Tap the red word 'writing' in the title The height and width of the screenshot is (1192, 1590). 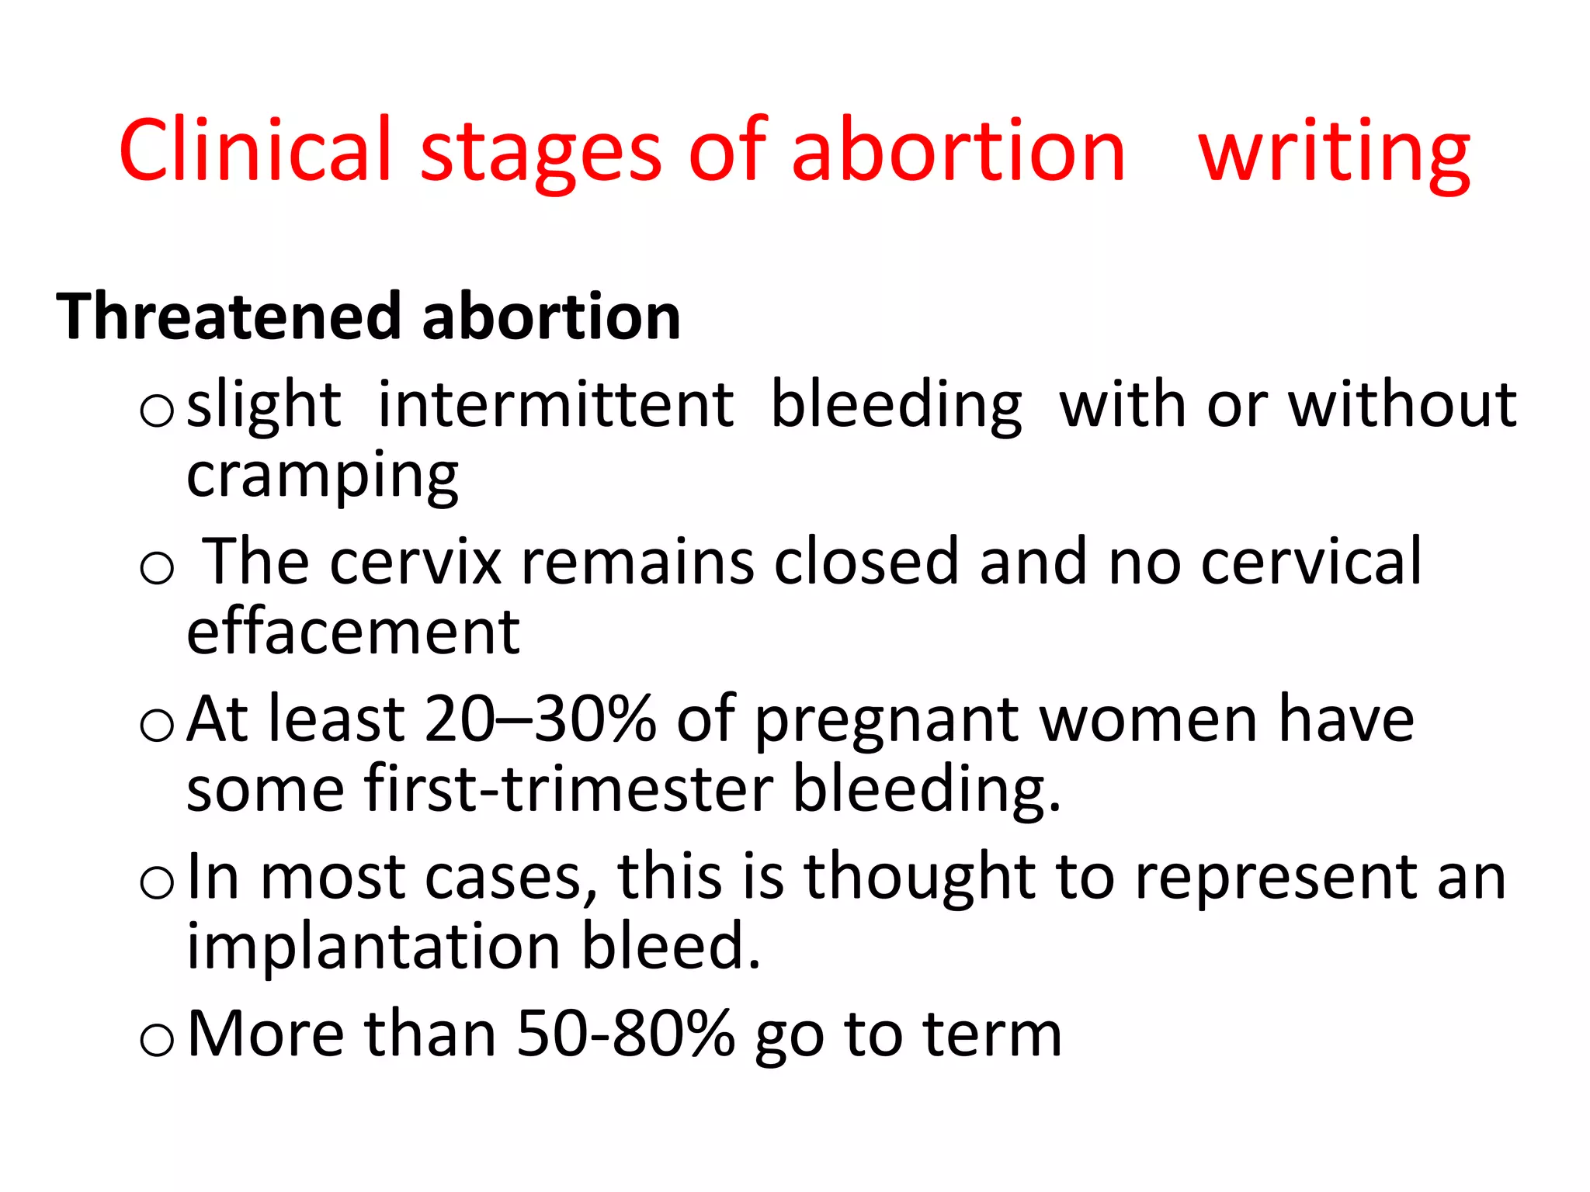[1334, 151]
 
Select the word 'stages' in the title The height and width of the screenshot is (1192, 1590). [540, 151]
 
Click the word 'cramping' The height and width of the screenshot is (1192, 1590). [322, 475]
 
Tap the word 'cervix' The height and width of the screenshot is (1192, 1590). [415, 561]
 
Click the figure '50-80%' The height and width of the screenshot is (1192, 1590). [625, 1034]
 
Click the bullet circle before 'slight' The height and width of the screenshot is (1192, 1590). [157, 411]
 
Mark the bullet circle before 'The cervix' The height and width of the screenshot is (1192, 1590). [157, 568]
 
